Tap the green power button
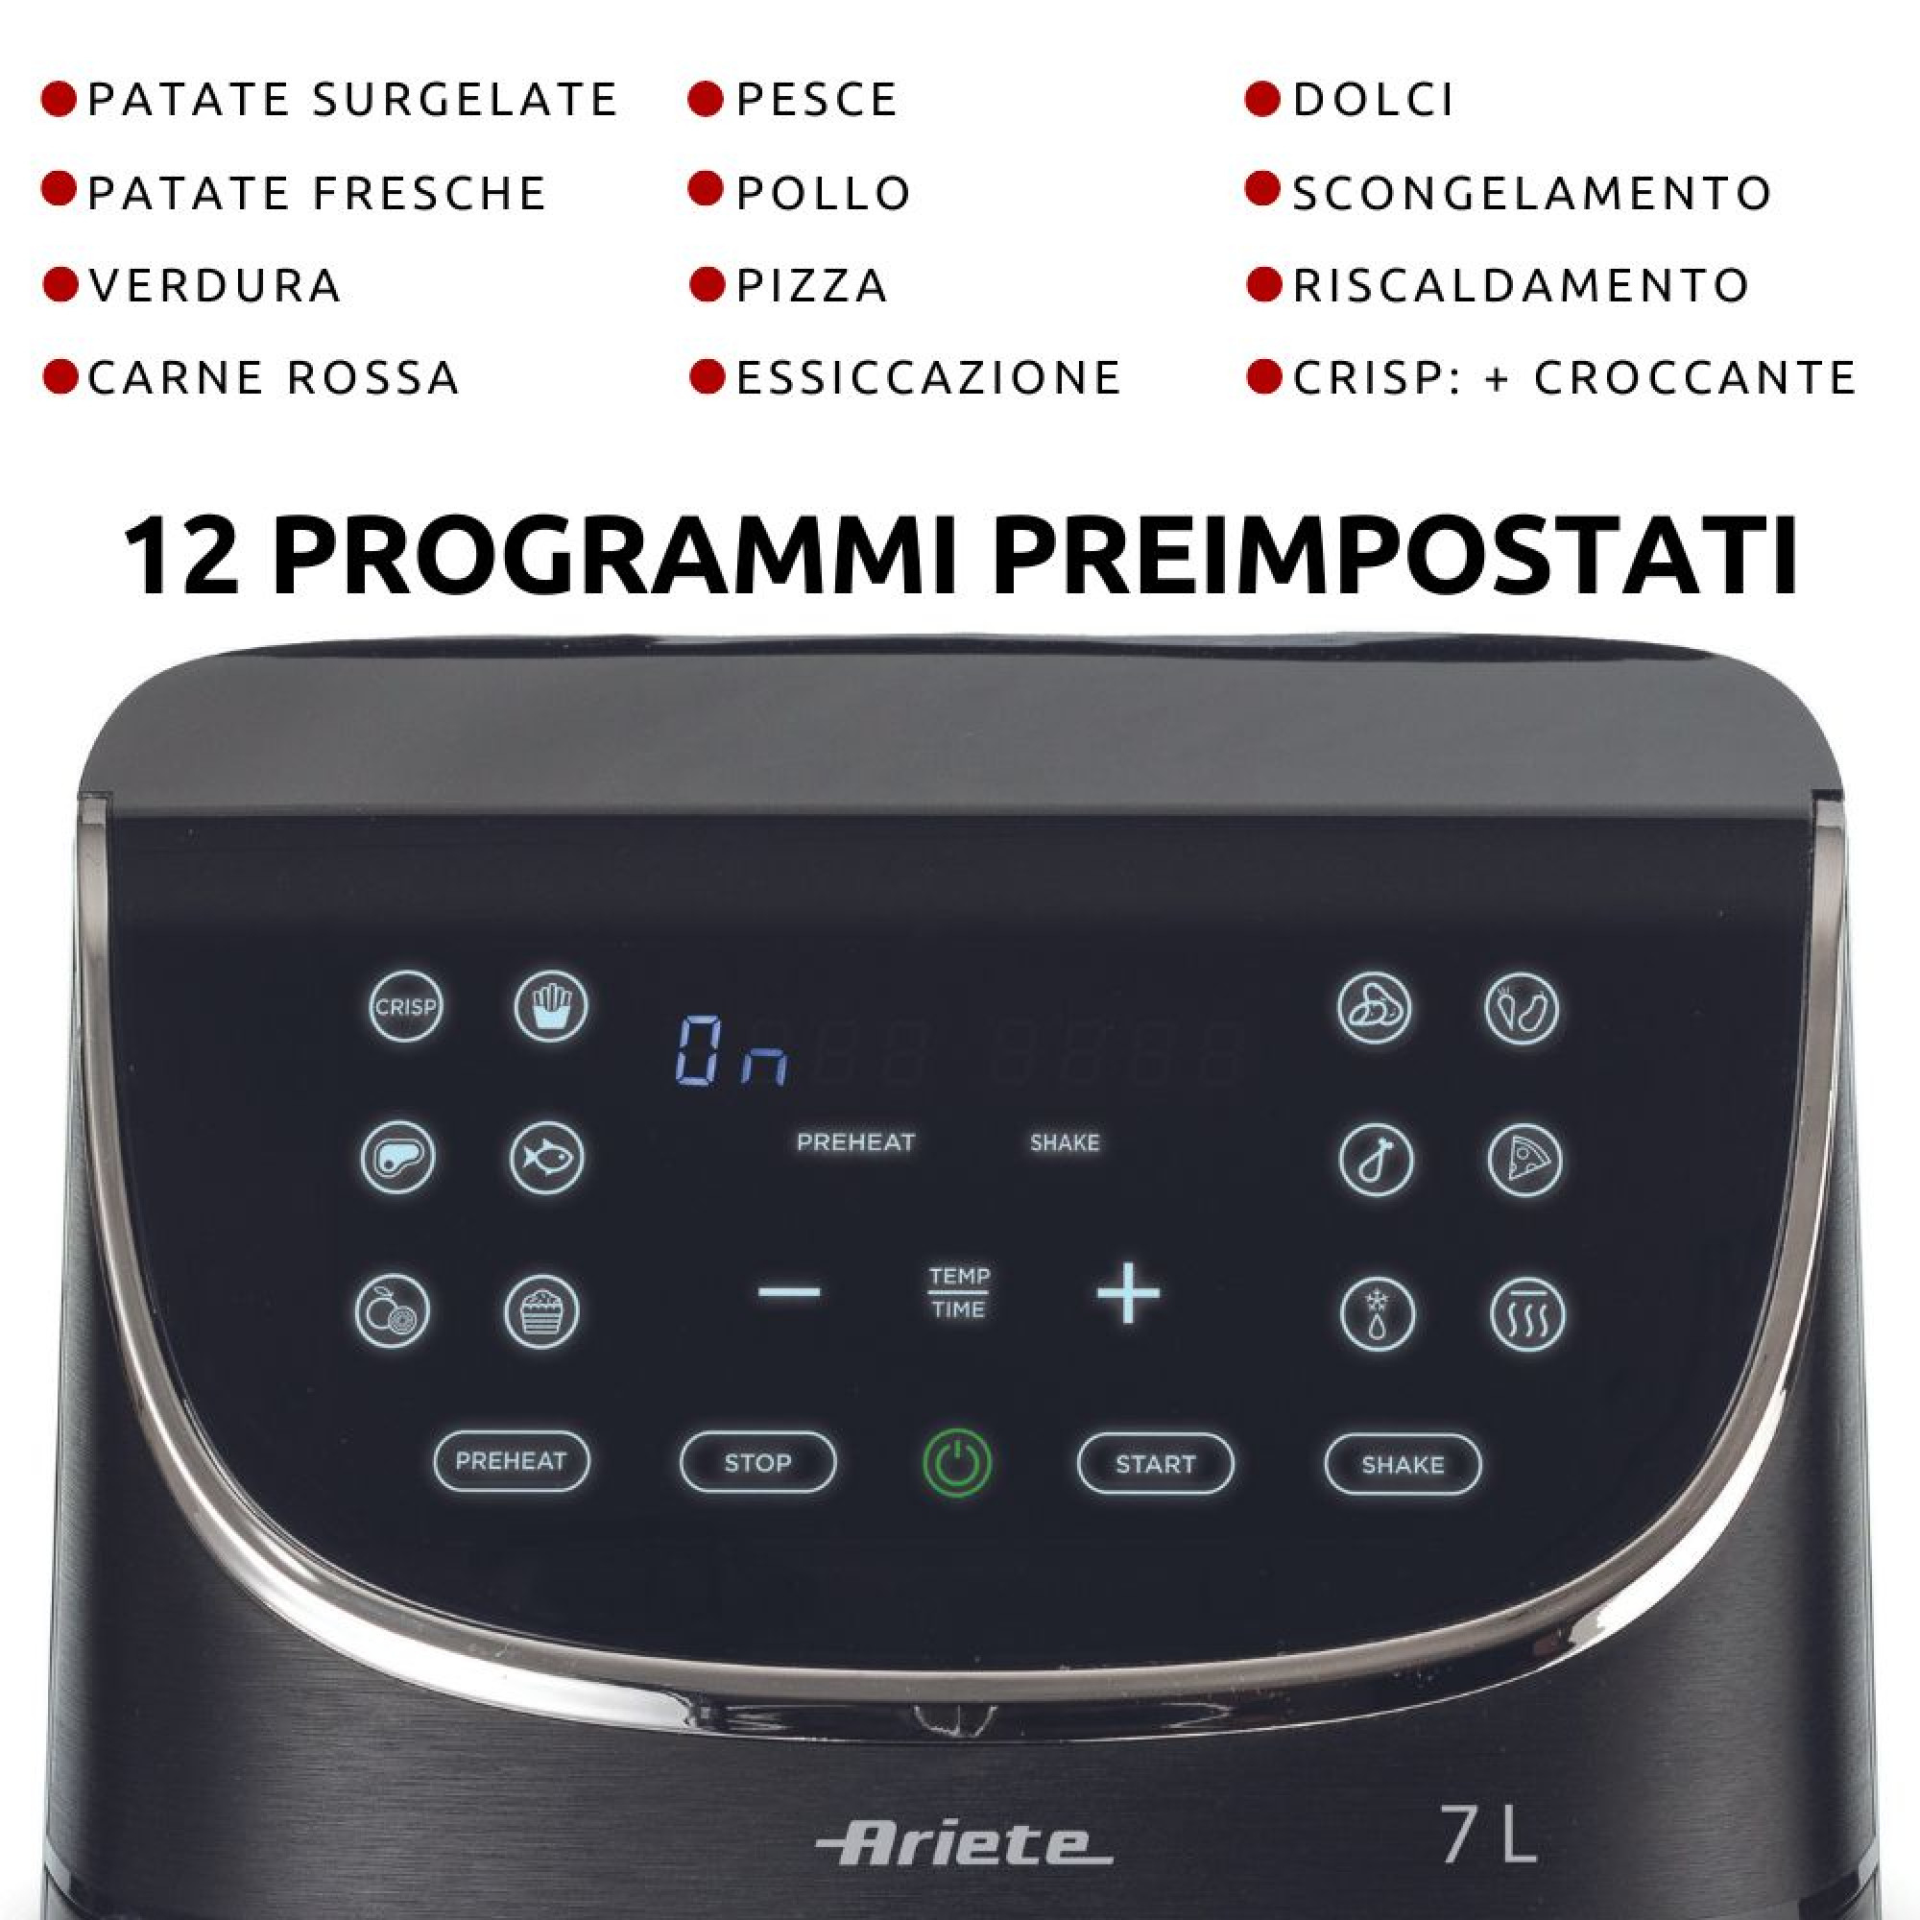(x=957, y=1463)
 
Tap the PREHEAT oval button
(x=511, y=1461)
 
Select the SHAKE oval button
(x=1403, y=1464)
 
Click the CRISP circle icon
(x=404, y=1007)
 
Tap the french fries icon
(x=550, y=1006)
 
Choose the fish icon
(x=546, y=1158)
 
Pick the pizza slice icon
(x=1524, y=1160)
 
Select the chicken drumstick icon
(x=1376, y=1160)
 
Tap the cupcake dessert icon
(x=541, y=1311)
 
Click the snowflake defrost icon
(x=1377, y=1314)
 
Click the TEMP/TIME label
(x=959, y=1292)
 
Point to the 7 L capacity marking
(x=1488, y=1835)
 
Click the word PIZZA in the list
(x=812, y=286)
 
